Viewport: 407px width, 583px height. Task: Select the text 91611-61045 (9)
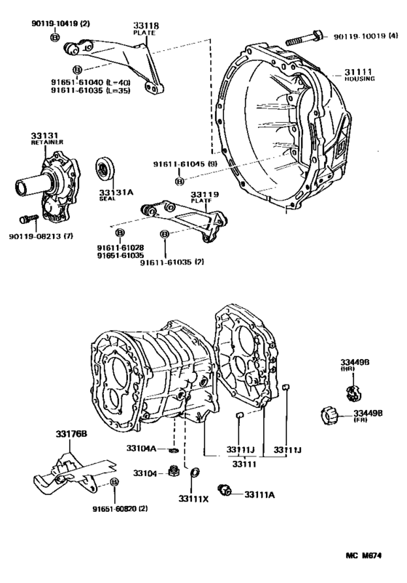pyautogui.click(x=185, y=165)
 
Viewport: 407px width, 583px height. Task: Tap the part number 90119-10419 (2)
pyautogui.click(x=60, y=23)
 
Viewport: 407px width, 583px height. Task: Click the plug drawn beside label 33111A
pyautogui.click(x=225, y=493)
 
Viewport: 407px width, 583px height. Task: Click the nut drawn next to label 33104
pyautogui.click(x=174, y=473)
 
